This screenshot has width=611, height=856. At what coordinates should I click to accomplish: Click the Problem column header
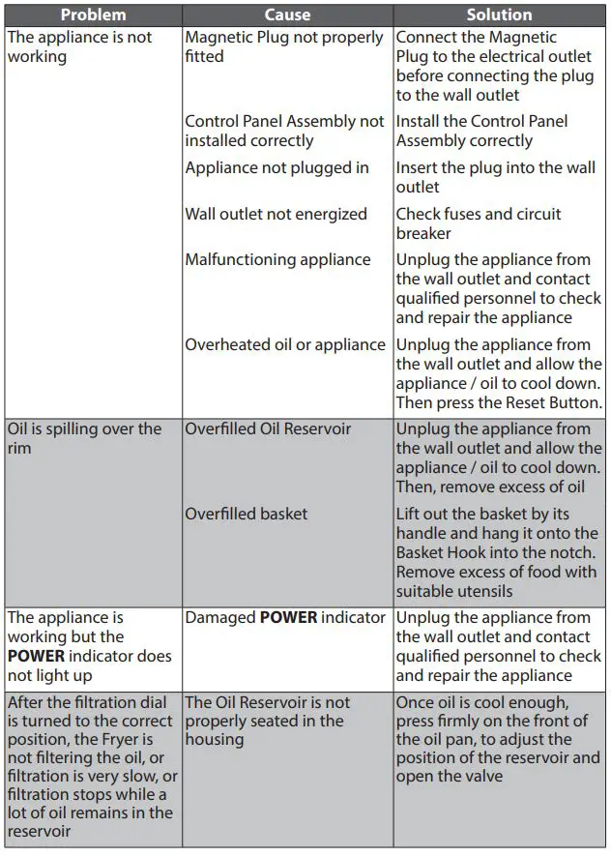pos(93,15)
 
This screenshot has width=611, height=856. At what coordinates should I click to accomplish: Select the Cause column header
pos(287,15)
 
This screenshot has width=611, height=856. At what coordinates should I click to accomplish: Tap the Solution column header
pos(499,15)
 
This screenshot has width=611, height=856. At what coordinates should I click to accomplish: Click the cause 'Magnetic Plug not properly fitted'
pos(283,46)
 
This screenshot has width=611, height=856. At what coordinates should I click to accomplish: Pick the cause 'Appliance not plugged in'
pos(276,167)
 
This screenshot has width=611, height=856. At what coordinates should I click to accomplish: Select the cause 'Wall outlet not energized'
pos(276,214)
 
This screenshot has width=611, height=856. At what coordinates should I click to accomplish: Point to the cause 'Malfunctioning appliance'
pos(277,259)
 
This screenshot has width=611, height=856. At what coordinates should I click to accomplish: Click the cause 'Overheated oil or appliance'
pos(284,344)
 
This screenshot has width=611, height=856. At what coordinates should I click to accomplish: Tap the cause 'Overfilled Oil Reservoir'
pos(268,428)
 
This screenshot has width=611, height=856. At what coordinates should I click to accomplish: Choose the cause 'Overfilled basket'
pos(246,514)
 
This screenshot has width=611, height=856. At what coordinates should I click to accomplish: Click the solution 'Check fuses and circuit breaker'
pos(478,223)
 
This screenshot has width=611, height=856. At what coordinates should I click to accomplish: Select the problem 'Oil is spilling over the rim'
pos(84,438)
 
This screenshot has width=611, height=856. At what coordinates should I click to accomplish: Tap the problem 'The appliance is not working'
pos(79,46)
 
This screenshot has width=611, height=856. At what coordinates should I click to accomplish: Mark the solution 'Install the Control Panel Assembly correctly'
pos(480,131)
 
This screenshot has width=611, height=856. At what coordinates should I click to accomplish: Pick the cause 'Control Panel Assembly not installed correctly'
pos(283,131)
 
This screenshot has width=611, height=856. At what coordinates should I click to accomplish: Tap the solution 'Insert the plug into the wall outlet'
pos(494,177)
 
